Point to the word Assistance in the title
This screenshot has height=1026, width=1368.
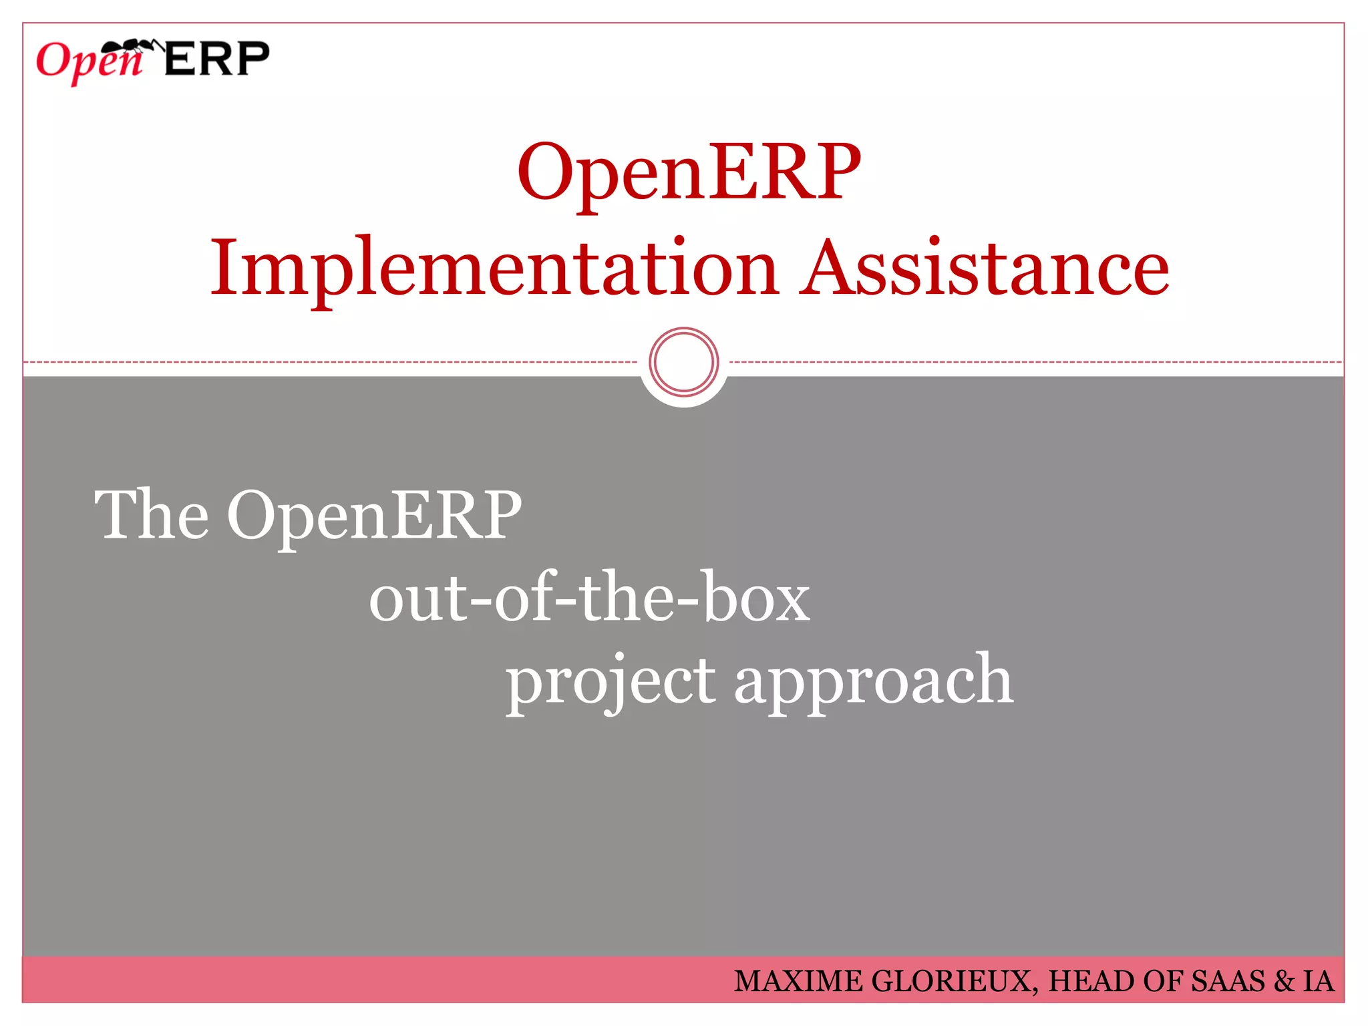985,267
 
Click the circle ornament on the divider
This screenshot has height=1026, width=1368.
683,362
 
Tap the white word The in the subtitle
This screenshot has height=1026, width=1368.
151,514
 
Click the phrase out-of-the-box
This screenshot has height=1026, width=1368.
589,598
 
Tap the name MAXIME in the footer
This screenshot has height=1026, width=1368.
798,981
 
